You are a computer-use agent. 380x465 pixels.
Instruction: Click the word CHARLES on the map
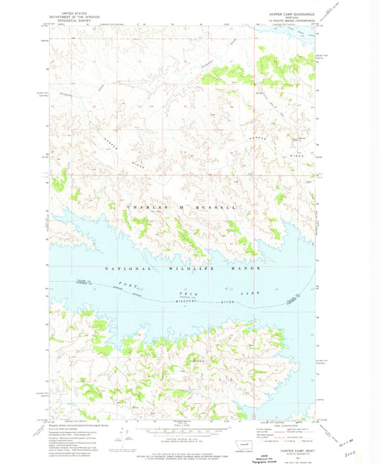click(139, 206)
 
